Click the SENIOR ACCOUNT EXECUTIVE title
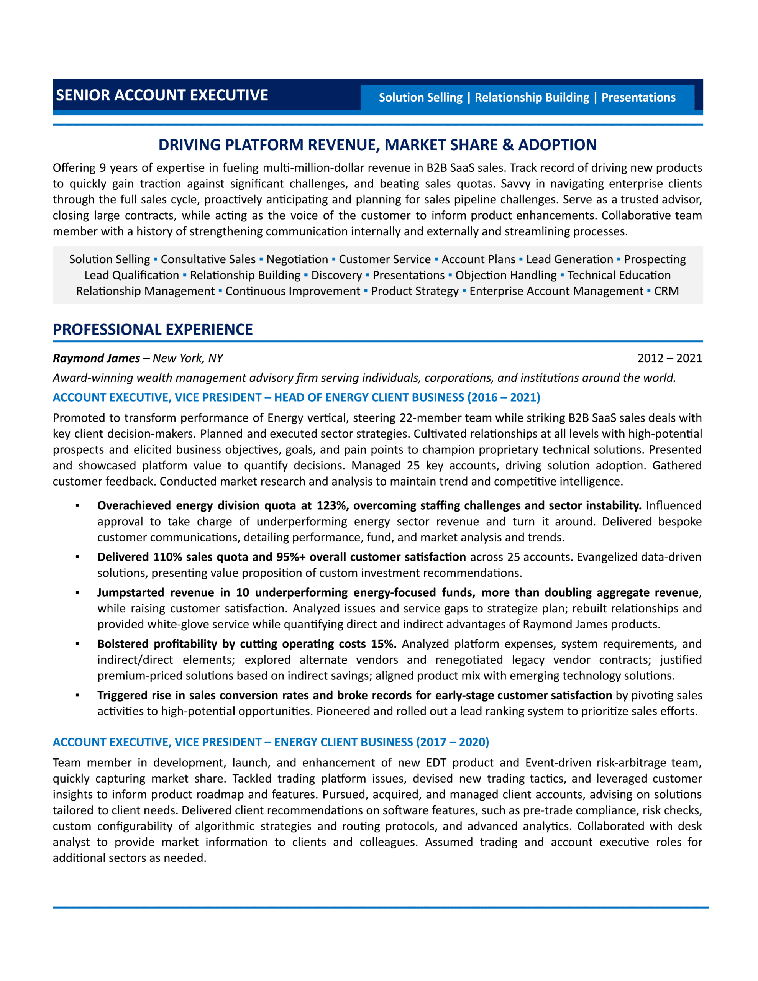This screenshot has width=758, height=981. (x=162, y=95)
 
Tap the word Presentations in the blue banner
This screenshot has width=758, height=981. (x=638, y=97)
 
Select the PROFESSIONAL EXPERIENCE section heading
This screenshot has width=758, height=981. (x=153, y=330)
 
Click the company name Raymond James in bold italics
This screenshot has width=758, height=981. (x=96, y=358)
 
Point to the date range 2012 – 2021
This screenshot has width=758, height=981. (x=669, y=358)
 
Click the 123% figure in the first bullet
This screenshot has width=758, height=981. (x=331, y=505)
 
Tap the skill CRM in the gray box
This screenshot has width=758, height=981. (x=666, y=291)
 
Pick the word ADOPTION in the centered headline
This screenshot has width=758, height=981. (x=557, y=145)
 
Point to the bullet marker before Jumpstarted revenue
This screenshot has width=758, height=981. (x=78, y=593)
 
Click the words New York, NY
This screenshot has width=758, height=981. (x=188, y=358)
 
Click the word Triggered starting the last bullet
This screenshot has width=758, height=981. (x=122, y=696)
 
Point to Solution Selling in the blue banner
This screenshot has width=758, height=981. (x=420, y=97)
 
